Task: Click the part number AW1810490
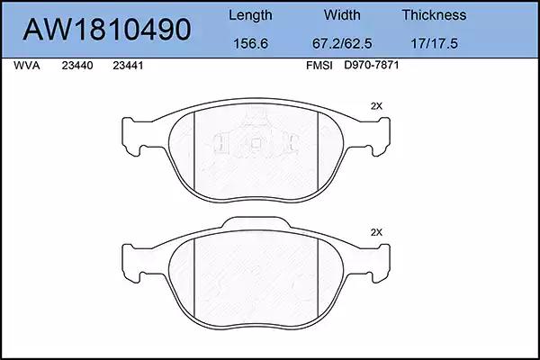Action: click(107, 30)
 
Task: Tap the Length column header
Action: click(250, 15)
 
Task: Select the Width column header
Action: click(342, 14)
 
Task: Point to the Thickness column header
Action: click(434, 14)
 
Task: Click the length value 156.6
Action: click(250, 43)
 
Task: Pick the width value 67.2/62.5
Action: click(342, 43)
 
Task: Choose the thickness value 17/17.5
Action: click(434, 43)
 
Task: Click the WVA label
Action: click(26, 66)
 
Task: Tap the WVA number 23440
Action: click(77, 66)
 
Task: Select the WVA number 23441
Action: click(128, 66)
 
